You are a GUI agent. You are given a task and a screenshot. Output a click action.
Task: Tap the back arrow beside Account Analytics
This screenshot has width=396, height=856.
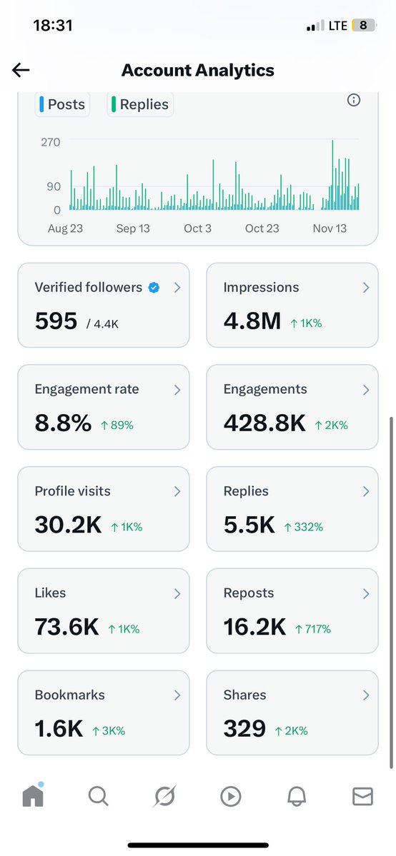coord(21,70)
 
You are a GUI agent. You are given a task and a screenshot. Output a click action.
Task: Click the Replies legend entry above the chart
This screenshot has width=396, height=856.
coord(141,104)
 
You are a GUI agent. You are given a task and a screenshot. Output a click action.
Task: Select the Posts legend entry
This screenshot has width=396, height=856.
coord(62,104)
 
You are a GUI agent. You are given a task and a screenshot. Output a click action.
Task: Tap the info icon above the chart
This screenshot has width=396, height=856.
coord(353,101)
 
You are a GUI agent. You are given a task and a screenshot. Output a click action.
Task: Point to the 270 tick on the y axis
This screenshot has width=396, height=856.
coord(50,142)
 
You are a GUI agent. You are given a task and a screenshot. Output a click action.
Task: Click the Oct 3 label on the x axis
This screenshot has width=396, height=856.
coord(198,228)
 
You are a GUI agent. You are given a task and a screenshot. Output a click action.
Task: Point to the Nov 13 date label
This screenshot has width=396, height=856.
coord(330,228)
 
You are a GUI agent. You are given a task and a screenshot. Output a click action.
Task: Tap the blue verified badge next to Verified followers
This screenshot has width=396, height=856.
coord(154,288)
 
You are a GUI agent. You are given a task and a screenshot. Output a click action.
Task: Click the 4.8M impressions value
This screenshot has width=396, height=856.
coord(252,321)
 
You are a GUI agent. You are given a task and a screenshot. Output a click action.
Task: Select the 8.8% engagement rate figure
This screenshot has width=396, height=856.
coord(63,423)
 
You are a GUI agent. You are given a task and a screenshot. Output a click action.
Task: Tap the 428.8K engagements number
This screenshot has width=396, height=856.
coord(264,423)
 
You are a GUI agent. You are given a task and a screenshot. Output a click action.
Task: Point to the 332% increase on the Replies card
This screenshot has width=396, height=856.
coord(304,527)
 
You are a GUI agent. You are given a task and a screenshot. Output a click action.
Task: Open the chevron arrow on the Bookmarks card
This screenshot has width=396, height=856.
coord(177,695)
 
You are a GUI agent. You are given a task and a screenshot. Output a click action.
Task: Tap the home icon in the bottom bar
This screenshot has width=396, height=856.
coord(33,795)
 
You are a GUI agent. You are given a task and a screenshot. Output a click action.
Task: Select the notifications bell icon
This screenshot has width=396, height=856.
coord(297,796)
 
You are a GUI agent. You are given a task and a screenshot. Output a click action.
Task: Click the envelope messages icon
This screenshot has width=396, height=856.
coord(362,796)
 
